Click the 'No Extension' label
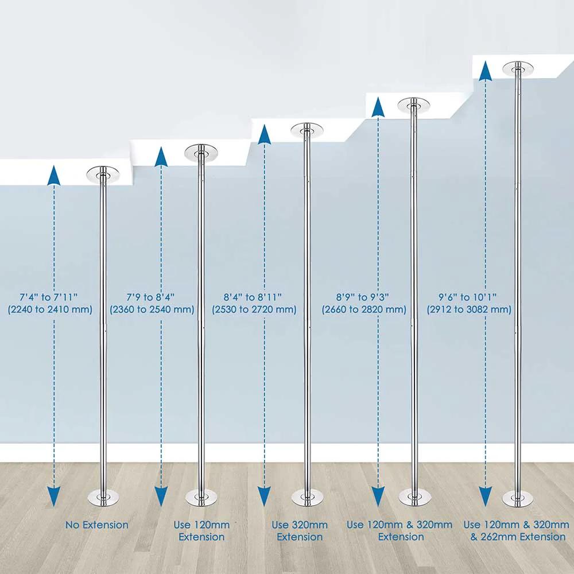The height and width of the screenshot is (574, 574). click(x=97, y=525)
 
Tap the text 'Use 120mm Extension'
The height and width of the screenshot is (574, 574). click(x=201, y=531)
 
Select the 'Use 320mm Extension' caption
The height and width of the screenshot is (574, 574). click(x=300, y=531)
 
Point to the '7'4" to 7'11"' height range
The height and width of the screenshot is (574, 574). click(x=49, y=297)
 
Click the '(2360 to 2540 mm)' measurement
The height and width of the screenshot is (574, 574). click(x=152, y=309)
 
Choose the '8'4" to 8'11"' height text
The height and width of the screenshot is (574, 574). click(x=253, y=297)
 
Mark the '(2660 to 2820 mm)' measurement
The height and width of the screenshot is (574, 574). click(x=364, y=309)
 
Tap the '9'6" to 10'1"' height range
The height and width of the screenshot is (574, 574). click(x=468, y=297)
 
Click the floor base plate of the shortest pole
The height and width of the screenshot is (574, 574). click(x=103, y=498)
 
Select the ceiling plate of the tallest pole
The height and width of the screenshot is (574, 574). click(x=518, y=68)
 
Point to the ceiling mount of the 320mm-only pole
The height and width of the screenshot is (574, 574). click(x=307, y=130)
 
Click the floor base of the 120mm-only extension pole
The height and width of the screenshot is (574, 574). click(x=201, y=498)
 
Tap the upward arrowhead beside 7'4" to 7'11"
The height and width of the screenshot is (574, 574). click(x=54, y=175)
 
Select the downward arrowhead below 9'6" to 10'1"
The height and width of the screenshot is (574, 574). click(x=486, y=497)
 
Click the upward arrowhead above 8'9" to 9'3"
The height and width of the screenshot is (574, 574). click(x=378, y=107)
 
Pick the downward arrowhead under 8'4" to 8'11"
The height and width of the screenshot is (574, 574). click(x=264, y=497)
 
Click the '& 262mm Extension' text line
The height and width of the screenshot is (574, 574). click(x=518, y=537)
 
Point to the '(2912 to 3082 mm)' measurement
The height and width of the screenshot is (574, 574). click(x=469, y=309)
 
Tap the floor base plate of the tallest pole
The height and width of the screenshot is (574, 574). click(x=518, y=499)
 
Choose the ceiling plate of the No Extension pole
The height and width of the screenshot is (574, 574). click(x=103, y=174)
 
